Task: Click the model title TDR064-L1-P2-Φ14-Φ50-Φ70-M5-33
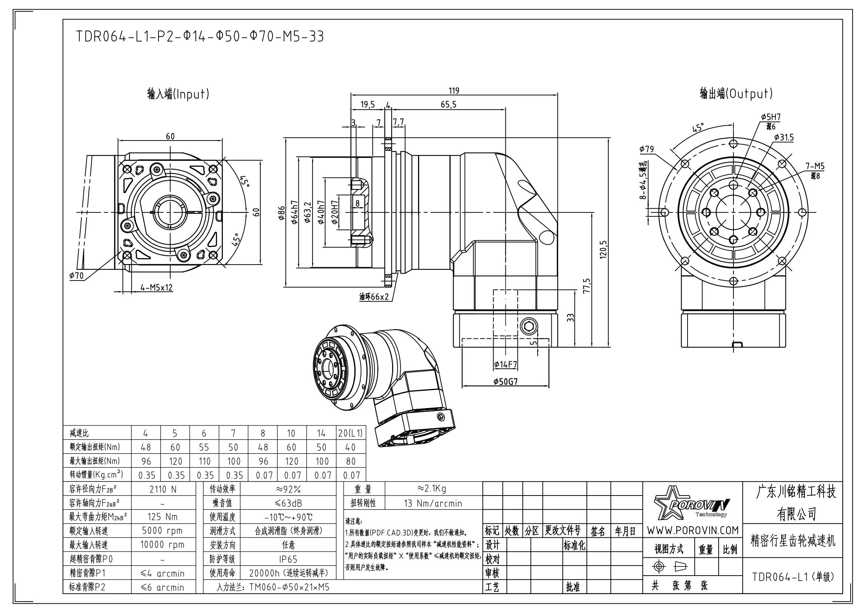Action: pos(200,37)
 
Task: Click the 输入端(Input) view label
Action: pos(178,94)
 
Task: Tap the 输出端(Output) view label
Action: pos(736,93)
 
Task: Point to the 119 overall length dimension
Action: pos(454,90)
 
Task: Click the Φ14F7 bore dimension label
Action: pos(505,365)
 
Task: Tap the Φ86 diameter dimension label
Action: pos(282,213)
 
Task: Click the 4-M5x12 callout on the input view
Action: pos(157,288)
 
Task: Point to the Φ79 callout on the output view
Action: pos(646,149)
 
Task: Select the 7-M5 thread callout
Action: pos(815,166)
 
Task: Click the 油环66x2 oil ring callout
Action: pos(374,297)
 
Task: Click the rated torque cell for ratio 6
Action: pos(204,447)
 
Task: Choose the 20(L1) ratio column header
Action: pos(350,433)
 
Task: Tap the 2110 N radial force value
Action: pos(163,489)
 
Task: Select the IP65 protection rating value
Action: pos(288,559)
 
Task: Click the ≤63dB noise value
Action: pos(288,503)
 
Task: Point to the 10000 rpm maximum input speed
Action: pos(163,545)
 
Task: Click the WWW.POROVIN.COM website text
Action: pos(692,530)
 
